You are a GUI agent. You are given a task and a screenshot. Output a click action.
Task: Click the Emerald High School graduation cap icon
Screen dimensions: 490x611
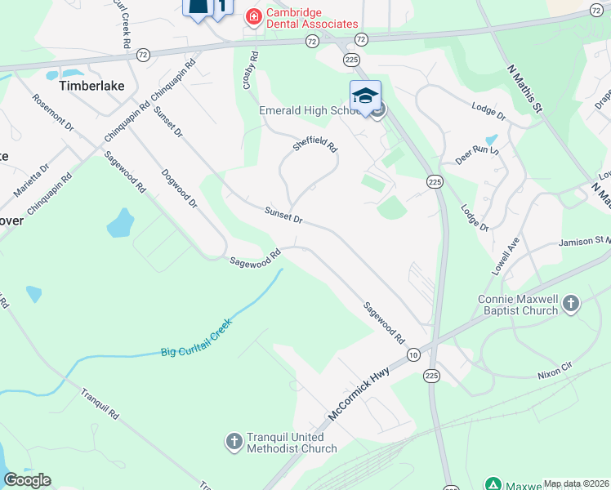[365, 95]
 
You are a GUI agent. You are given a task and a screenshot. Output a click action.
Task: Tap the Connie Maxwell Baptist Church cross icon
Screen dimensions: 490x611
[570, 305]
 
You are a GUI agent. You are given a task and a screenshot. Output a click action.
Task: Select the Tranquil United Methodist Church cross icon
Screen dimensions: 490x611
[234, 443]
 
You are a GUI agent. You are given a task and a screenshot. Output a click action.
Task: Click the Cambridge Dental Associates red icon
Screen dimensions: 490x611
[253, 16]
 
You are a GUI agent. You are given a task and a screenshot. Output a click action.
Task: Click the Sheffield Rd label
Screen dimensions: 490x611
[315, 145]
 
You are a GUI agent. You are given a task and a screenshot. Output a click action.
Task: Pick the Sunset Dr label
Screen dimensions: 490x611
[283, 216]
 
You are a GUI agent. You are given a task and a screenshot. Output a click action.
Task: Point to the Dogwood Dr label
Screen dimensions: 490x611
[179, 188]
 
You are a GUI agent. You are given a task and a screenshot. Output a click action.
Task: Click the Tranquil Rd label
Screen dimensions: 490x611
[100, 403]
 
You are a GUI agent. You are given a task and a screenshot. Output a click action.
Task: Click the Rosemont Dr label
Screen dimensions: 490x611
[53, 112]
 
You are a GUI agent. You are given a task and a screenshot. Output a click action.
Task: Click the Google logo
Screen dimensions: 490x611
[27, 480]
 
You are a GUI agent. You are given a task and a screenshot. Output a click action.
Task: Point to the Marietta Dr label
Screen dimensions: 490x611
[31, 180]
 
